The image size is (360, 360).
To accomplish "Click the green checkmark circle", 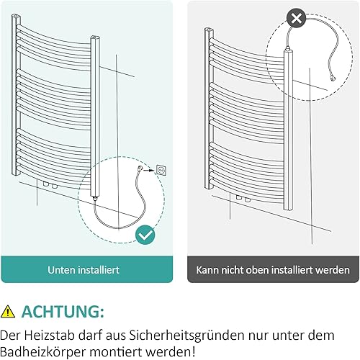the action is pyautogui.click(x=145, y=235).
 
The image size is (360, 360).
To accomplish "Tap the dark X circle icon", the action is pyautogui.click(x=297, y=18).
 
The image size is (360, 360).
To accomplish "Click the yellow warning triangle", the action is pyautogui.click(x=8, y=311).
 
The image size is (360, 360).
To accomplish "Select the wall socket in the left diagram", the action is pyautogui.click(x=161, y=170).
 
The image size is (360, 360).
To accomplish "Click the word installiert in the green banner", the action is pyautogui.click(x=99, y=270).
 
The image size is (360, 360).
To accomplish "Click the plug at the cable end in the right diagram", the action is pyautogui.click(x=333, y=78).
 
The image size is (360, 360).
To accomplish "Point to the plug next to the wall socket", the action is pyautogui.click(x=140, y=168).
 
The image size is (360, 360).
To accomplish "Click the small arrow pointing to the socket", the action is pyautogui.click(x=149, y=171).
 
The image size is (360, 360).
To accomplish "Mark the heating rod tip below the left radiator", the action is pyautogui.click(x=95, y=198).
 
